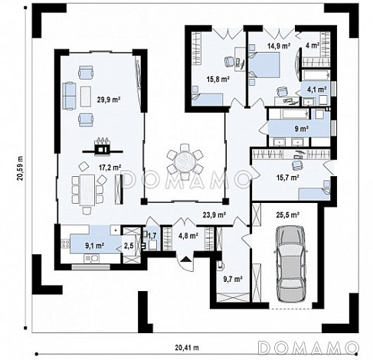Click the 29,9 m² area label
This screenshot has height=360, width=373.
coord(109,100)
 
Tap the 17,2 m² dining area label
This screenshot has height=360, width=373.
coord(110,168)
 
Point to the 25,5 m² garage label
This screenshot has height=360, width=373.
coord(288,214)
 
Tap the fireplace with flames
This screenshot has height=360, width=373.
coord(103,146)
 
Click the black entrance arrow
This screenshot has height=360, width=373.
coord(186,259)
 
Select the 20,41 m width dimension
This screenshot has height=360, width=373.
coord(187,348)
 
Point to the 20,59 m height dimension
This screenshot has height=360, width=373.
coord(20,169)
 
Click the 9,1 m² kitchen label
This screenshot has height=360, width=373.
coord(94,246)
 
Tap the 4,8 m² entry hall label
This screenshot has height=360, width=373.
coord(188,236)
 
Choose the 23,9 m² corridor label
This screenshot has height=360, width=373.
coord(214,214)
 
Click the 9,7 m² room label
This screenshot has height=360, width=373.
coord(233,279)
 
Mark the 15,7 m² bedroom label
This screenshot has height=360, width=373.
coord(288,177)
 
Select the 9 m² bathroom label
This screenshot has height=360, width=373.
coord(302,129)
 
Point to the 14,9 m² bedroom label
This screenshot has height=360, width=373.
coord(279,46)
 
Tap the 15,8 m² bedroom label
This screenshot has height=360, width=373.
coord(218,79)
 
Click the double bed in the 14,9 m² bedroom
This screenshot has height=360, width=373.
coord(263,64)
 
